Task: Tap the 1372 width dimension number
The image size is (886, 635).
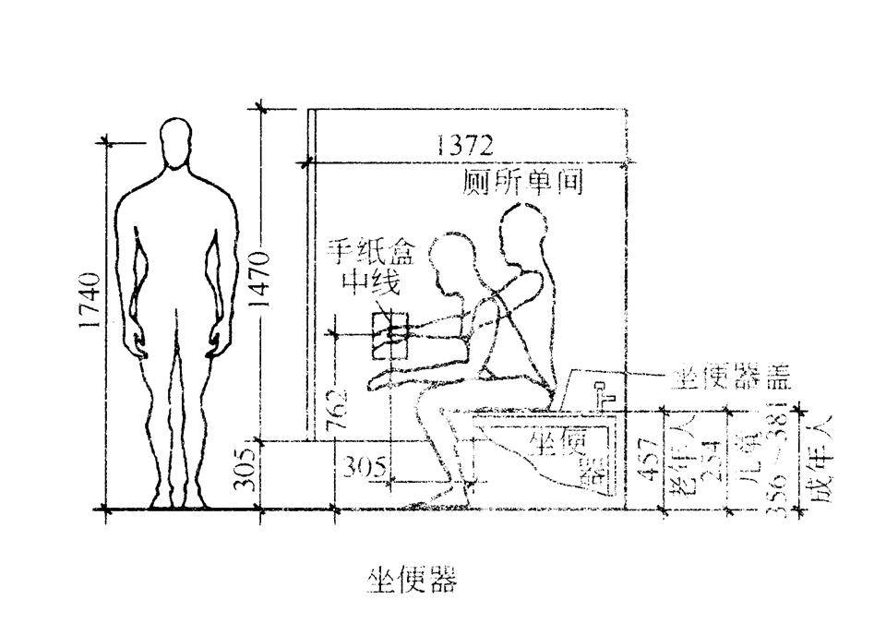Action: point(465,145)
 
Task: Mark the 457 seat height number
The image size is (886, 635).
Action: point(650,461)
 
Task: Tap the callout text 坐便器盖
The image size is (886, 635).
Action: point(730,377)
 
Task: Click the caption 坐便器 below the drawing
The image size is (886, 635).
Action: point(412,581)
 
